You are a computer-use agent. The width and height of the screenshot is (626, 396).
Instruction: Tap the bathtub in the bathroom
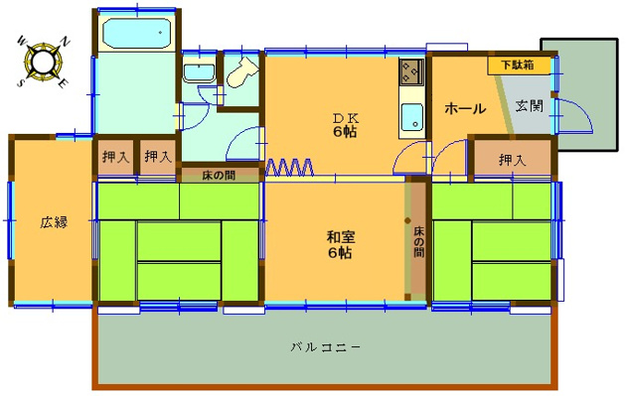pos(138,36)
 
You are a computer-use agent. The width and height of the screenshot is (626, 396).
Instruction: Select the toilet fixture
pos(241,72)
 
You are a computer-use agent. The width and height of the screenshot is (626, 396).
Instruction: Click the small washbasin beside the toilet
pos(200,72)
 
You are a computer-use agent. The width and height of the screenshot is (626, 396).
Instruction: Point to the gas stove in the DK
pos(411,72)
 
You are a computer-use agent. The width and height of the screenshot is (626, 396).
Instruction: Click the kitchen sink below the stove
pos(411,118)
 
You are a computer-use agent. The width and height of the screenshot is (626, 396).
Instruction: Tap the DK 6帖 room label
pos(344,125)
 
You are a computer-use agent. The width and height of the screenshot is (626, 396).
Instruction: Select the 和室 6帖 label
pos(340,244)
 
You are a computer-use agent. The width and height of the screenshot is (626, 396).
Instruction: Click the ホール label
pos(464,108)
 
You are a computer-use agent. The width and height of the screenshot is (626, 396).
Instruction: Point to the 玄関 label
pos(529,106)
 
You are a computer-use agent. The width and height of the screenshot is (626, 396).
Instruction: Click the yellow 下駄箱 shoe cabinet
pos(516,65)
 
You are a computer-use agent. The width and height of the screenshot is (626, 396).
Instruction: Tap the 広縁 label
pos(54,221)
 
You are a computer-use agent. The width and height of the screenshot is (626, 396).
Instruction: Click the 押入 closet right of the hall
pos(512,160)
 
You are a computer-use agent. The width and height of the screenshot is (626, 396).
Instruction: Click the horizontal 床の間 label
pos(219,176)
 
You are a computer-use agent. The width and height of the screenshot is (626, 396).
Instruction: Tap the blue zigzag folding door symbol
pos(289,167)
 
